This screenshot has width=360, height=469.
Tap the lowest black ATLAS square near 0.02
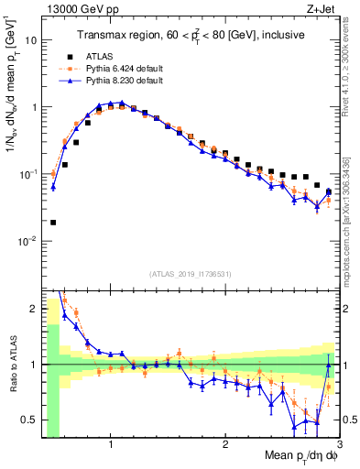click(53, 223)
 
